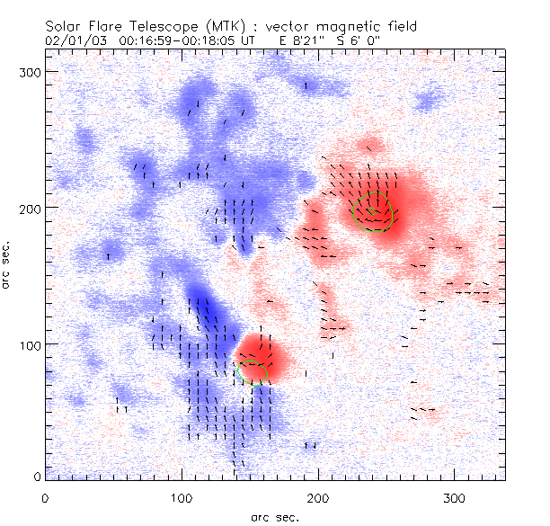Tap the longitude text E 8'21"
pos(303,40)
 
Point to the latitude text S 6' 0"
pos(372,40)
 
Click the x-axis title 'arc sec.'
pos(274,516)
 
